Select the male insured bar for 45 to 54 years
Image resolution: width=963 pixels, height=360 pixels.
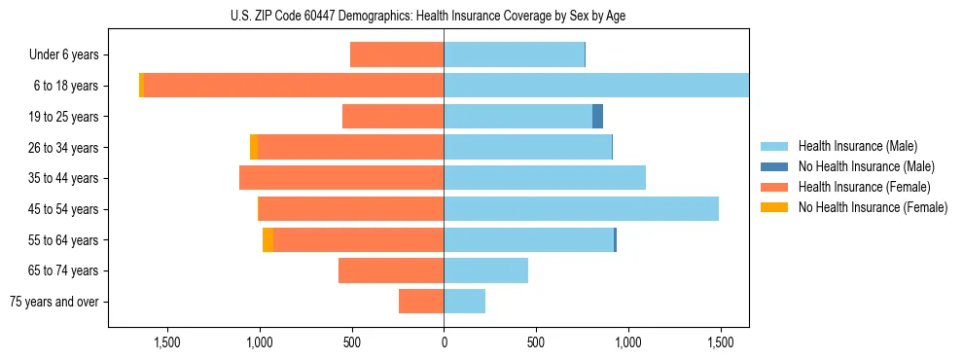tap(581, 208)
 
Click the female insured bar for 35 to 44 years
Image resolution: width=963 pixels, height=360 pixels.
tap(341, 178)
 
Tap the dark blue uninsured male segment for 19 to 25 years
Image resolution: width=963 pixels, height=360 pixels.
tap(597, 117)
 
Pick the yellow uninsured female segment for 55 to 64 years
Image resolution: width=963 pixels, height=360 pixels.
tap(267, 239)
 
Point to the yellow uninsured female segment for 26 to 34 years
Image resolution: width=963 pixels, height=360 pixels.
tap(254, 147)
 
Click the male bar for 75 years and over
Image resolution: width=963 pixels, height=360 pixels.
tap(464, 302)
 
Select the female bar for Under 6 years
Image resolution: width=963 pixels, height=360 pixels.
tap(397, 54)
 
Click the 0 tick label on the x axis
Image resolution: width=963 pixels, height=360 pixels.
tap(444, 342)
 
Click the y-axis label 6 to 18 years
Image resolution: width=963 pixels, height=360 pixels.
tap(65, 86)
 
